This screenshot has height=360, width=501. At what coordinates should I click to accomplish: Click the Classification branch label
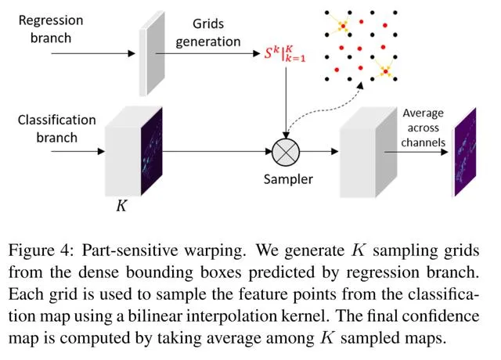56,128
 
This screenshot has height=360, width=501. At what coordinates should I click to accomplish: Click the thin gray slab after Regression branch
145,54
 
